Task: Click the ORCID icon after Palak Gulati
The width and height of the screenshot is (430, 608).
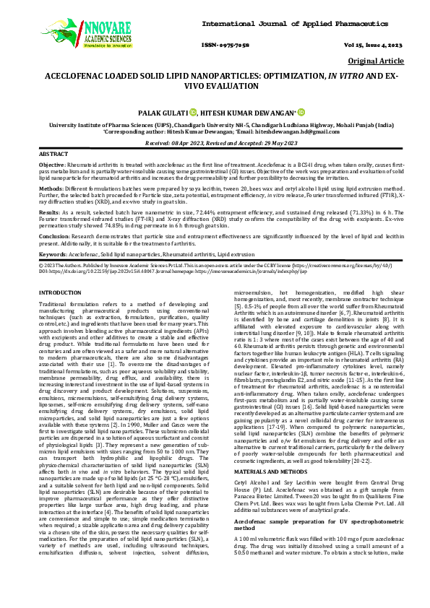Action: click(x=193, y=112)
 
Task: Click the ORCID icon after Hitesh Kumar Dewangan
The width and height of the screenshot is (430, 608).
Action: click(x=301, y=112)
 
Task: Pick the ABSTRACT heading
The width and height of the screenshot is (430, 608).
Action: click(x=54, y=155)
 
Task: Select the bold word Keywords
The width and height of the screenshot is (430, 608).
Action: click(x=53, y=255)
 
